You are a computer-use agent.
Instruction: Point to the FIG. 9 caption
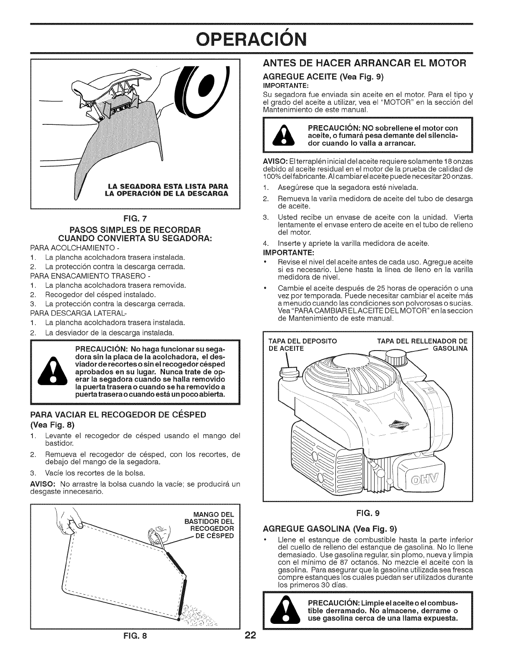[367, 512]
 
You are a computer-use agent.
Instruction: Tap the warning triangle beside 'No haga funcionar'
[52, 372]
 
